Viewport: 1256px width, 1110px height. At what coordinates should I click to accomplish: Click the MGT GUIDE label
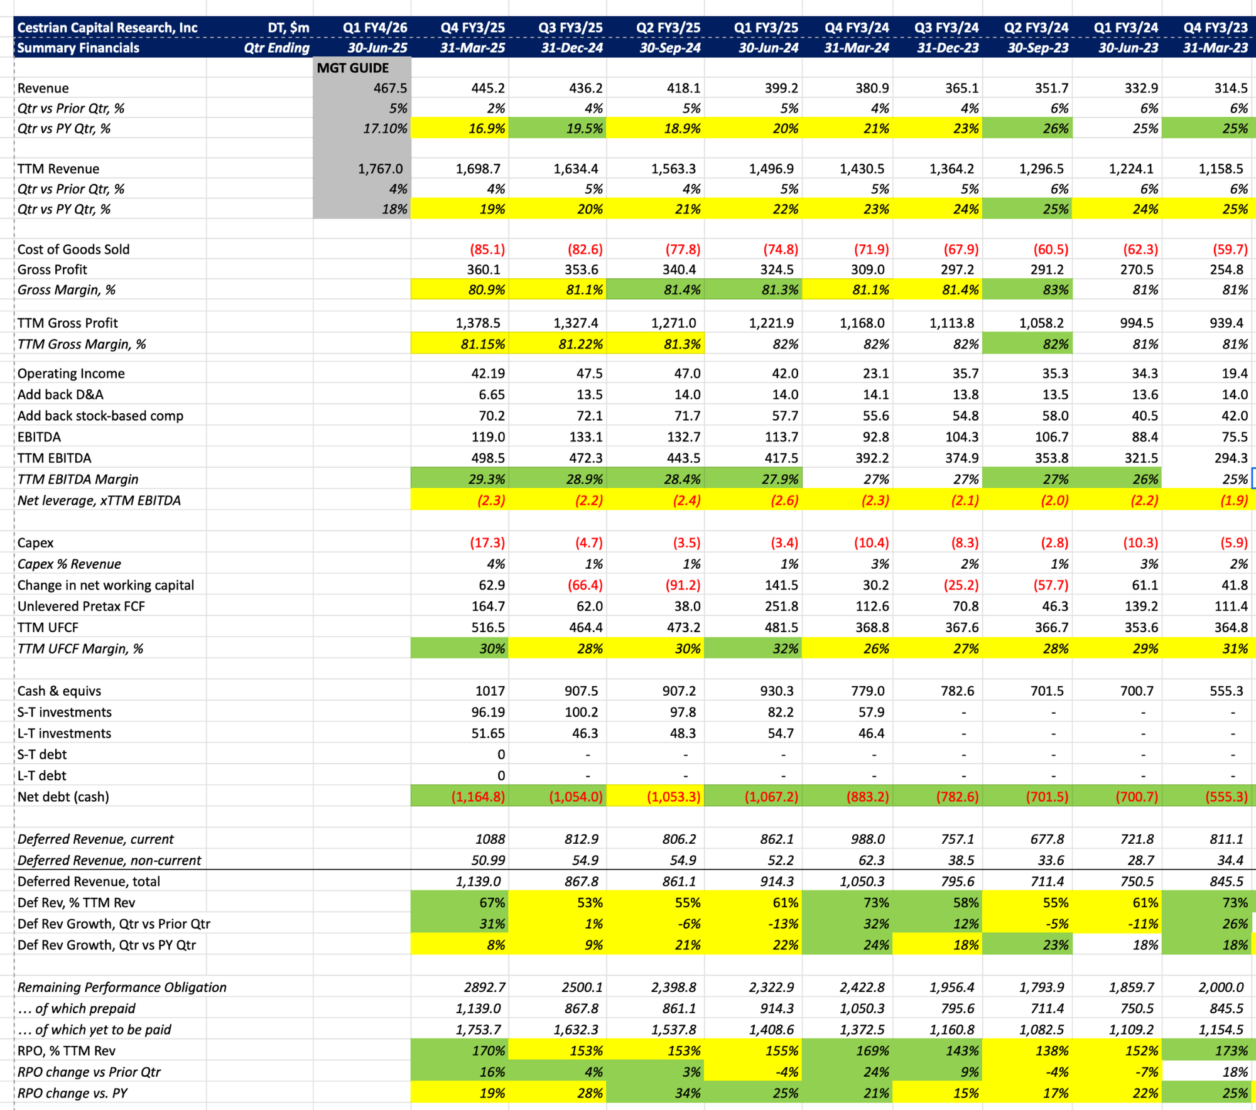coord(352,68)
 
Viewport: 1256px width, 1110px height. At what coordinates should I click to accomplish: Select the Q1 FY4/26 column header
coord(375,28)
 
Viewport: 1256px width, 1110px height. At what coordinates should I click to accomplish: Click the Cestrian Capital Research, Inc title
coord(107,28)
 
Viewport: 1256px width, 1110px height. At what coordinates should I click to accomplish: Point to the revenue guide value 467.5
coord(390,88)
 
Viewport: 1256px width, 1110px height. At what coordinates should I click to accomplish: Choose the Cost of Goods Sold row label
coord(73,249)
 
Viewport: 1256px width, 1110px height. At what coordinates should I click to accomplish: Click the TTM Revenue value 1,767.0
coord(381,168)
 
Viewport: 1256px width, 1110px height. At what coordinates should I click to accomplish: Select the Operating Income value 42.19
coord(488,373)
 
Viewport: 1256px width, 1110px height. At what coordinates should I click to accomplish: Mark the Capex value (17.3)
coord(487,542)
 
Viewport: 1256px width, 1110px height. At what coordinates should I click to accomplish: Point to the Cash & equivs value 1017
coord(490,691)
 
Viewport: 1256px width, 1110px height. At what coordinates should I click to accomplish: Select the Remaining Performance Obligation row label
coord(122,987)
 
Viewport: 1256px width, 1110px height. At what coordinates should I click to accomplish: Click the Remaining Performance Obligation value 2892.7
coord(485,987)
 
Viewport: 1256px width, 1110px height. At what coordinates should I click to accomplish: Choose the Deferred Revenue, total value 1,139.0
coord(479,881)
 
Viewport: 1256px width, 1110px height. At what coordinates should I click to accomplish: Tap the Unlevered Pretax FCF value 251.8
coord(781,606)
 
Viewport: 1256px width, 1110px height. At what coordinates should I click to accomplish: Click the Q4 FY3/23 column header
coord(1215,28)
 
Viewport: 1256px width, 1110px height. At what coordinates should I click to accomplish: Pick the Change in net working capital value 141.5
coord(781,585)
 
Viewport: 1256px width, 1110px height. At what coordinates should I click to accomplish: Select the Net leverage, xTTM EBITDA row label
coord(99,500)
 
